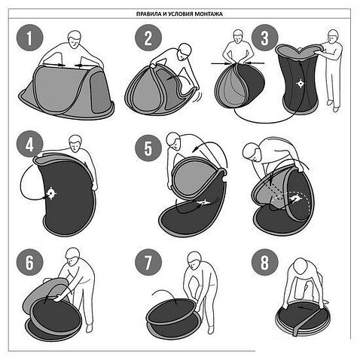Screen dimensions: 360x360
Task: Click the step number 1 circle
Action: [x=30, y=38]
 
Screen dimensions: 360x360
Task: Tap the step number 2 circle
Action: [x=148, y=38]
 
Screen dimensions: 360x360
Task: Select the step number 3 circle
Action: [x=265, y=38]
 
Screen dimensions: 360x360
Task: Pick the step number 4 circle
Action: [x=30, y=145]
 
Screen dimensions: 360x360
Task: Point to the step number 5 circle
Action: [x=148, y=148]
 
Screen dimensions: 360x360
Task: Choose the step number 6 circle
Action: [x=30, y=262]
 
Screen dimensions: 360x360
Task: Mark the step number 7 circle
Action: [x=148, y=262]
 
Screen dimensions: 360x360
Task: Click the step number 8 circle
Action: [x=265, y=262]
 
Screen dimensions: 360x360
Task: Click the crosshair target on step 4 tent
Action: [x=51, y=194]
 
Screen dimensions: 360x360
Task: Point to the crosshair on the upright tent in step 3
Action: [x=301, y=84]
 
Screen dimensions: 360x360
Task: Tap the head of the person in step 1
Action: [x=75, y=40]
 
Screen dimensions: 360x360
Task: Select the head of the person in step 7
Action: [x=194, y=261]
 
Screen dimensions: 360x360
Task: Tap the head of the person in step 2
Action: [x=185, y=52]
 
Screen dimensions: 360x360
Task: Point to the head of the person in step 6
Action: [x=72, y=257]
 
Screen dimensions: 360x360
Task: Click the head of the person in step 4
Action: [x=75, y=144]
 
